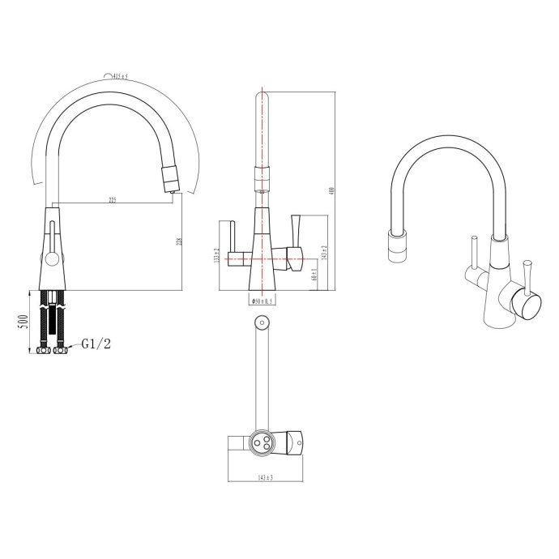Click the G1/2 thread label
(96, 344)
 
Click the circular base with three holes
(262, 442)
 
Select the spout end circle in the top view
(262, 322)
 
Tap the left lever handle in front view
(231, 240)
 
